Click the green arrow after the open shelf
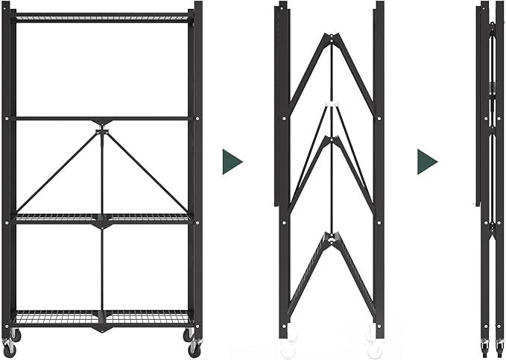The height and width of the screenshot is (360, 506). coord(232,162)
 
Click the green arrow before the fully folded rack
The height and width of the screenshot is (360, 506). coord(426,162)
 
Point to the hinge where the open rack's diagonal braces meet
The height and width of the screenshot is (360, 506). coord(102,133)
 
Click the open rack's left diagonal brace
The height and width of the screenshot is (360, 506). coord(58,171)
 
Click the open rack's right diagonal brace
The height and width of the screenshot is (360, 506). coord(145,171)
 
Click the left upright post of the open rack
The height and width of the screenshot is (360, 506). coord(8,171)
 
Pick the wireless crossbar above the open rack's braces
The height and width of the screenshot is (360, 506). coord(102,118)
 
